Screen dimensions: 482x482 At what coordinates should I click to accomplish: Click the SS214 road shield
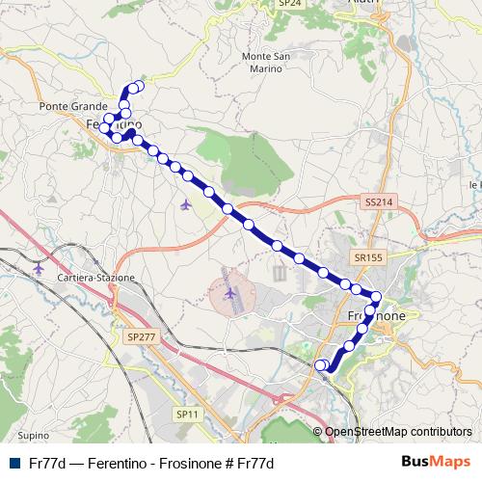379,201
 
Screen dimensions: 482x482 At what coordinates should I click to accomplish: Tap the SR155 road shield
368,257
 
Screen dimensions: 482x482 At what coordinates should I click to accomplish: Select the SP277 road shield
139,336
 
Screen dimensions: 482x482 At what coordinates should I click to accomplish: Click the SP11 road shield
187,414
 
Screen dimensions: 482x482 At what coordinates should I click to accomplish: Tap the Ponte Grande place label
65,106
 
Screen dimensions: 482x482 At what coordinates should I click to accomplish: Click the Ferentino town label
114,125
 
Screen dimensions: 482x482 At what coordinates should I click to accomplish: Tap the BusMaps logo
436,461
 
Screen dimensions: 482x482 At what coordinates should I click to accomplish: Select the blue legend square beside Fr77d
13,462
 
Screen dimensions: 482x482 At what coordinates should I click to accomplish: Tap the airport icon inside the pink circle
230,292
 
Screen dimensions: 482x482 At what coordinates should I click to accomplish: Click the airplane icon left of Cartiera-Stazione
38,267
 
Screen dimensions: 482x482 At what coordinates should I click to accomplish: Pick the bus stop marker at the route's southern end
322,365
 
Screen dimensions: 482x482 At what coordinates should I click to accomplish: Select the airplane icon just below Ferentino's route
185,204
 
